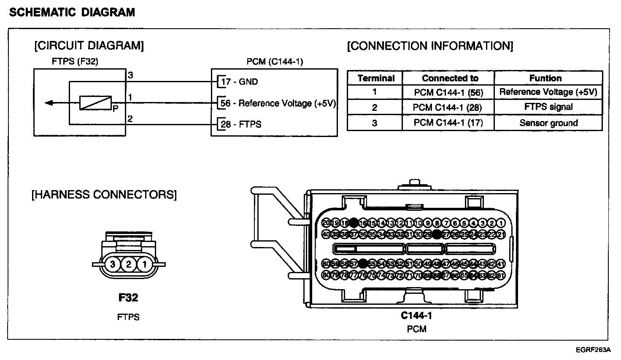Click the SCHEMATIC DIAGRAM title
click(72, 12)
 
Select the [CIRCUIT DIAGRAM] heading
click(89, 46)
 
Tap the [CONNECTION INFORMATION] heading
click(430, 46)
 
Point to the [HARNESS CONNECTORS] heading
click(104, 194)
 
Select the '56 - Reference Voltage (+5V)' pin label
click(278, 103)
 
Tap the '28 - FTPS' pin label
click(241, 124)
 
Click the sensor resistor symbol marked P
click(95, 103)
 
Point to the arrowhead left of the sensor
click(49, 103)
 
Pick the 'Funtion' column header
click(545, 78)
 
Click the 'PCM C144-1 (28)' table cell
click(447, 107)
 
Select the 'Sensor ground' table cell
click(548, 123)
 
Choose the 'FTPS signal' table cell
click(548, 107)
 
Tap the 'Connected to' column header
click(450, 78)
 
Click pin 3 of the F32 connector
click(113, 265)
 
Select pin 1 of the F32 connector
click(144, 265)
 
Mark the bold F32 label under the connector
click(128, 298)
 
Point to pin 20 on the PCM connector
click(326, 223)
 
